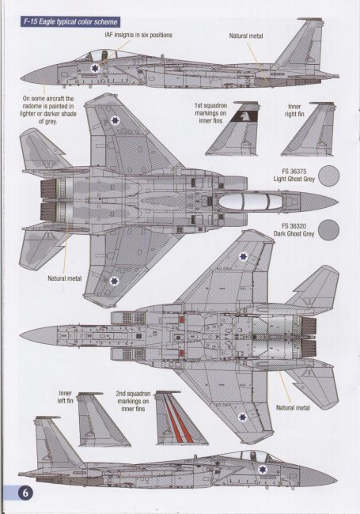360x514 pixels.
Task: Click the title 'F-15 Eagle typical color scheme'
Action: pos(70,22)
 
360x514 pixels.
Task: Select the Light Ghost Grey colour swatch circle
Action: pos(329,176)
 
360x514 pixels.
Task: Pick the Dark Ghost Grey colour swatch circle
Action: pos(329,230)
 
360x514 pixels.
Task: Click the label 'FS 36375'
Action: pos(294,172)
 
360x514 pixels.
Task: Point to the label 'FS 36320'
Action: pos(294,226)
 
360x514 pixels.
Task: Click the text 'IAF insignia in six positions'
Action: pos(138,35)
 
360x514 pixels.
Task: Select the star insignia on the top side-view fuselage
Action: pos(94,68)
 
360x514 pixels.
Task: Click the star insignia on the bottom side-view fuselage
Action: pos(263,469)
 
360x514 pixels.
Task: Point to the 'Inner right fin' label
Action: pos(294,110)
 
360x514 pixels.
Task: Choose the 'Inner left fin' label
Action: pos(65,397)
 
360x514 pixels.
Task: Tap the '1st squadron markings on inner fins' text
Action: pos(210,113)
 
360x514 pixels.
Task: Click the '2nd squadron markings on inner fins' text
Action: pos(133,401)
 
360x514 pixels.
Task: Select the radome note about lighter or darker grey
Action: pos(48,110)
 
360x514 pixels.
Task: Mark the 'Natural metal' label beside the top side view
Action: pos(246,36)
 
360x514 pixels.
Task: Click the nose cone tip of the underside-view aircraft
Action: pos(21,336)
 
